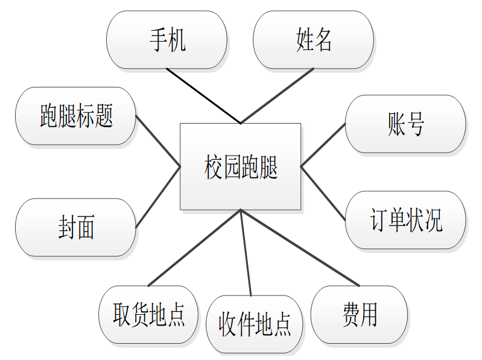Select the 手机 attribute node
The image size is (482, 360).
[x=166, y=40]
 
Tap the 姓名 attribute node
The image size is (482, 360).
[x=314, y=40]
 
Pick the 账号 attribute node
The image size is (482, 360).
[x=405, y=124]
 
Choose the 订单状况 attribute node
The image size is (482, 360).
[x=405, y=221]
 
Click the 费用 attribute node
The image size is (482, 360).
[x=360, y=314]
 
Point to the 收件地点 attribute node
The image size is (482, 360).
[x=254, y=324]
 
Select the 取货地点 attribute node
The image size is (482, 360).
[x=148, y=314]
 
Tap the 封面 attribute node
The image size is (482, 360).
[x=75, y=228]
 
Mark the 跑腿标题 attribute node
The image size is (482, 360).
[x=76, y=116]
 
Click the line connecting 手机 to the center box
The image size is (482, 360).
[x=203, y=96]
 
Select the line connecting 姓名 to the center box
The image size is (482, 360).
[x=277, y=95]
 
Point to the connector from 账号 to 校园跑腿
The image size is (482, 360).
[x=323, y=145]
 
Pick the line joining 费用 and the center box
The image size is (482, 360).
[x=300, y=247]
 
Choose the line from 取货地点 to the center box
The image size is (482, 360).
[x=194, y=247]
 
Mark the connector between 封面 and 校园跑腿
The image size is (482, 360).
[x=158, y=197]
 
